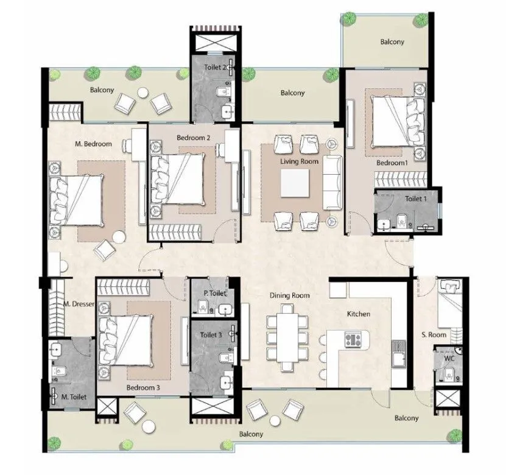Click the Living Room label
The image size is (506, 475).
coord(299,161)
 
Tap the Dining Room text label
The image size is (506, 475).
coord(290,295)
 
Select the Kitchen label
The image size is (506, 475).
coord(359,314)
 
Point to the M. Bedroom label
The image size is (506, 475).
coord(93,144)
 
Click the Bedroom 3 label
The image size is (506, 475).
coord(144,387)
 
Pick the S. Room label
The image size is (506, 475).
coord(434,335)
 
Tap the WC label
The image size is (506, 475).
coord(449,359)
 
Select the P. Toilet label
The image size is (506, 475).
coord(214,294)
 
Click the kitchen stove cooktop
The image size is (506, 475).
coord(354,339)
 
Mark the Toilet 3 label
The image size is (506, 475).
coord(211,335)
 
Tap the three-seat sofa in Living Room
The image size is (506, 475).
coord(332,182)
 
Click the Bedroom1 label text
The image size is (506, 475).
coord(391,164)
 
